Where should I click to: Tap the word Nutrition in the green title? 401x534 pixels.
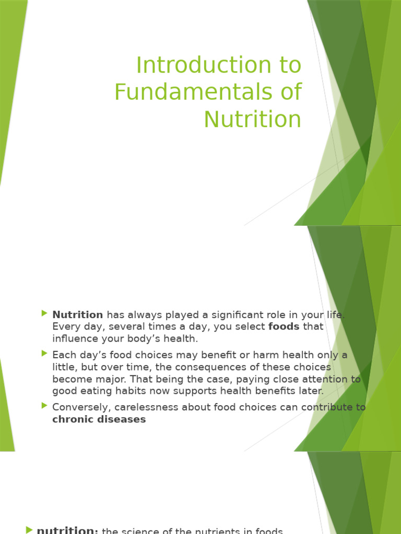(x=252, y=119)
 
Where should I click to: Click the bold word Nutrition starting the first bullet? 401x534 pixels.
(x=78, y=314)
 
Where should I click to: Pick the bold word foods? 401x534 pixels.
(x=284, y=326)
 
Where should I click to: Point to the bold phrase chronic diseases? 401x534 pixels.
(x=99, y=419)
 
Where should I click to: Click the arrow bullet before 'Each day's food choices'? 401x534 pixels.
(x=44, y=354)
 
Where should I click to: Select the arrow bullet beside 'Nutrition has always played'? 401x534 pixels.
(x=44, y=313)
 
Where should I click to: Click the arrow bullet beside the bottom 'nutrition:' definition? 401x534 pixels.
(x=29, y=530)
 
